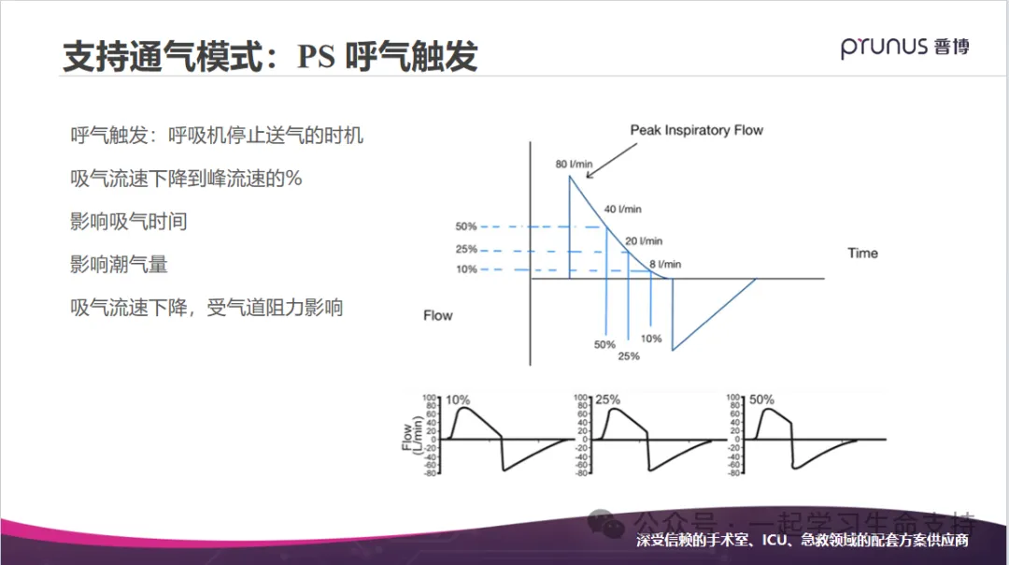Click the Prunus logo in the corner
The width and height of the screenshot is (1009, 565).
pyautogui.click(x=903, y=48)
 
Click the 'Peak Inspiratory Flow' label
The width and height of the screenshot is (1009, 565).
pyautogui.click(x=696, y=130)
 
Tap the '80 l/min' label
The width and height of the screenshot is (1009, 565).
pyautogui.click(x=574, y=165)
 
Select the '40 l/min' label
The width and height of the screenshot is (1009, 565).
pyautogui.click(x=623, y=210)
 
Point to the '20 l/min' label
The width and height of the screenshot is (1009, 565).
pyautogui.click(x=644, y=241)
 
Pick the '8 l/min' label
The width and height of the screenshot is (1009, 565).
pyautogui.click(x=666, y=265)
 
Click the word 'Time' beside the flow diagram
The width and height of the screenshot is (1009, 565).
pyautogui.click(x=862, y=254)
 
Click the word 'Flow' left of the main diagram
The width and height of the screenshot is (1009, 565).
pyautogui.click(x=437, y=315)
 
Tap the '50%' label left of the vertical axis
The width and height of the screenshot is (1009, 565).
pyautogui.click(x=466, y=226)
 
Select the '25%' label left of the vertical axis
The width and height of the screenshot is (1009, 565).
pyautogui.click(x=466, y=250)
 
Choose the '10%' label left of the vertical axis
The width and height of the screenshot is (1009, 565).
pyautogui.click(x=466, y=269)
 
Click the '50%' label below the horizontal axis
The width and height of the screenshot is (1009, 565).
pyautogui.click(x=604, y=344)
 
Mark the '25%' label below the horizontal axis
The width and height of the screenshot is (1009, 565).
pyautogui.click(x=629, y=356)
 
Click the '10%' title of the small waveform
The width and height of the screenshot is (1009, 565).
pyautogui.click(x=457, y=399)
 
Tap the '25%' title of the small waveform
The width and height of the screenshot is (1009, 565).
pyautogui.click(x=608, y=399)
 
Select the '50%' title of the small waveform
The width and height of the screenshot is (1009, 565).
pyautogui.click(x=761, y=399)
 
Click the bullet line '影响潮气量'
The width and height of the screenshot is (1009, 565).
pyautogui.click(x=120, y=265)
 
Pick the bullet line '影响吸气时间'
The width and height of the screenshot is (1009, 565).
pyautogui.click(x=129, y=222)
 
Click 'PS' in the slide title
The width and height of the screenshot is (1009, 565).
pyautogui.click(x=317, y=58)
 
